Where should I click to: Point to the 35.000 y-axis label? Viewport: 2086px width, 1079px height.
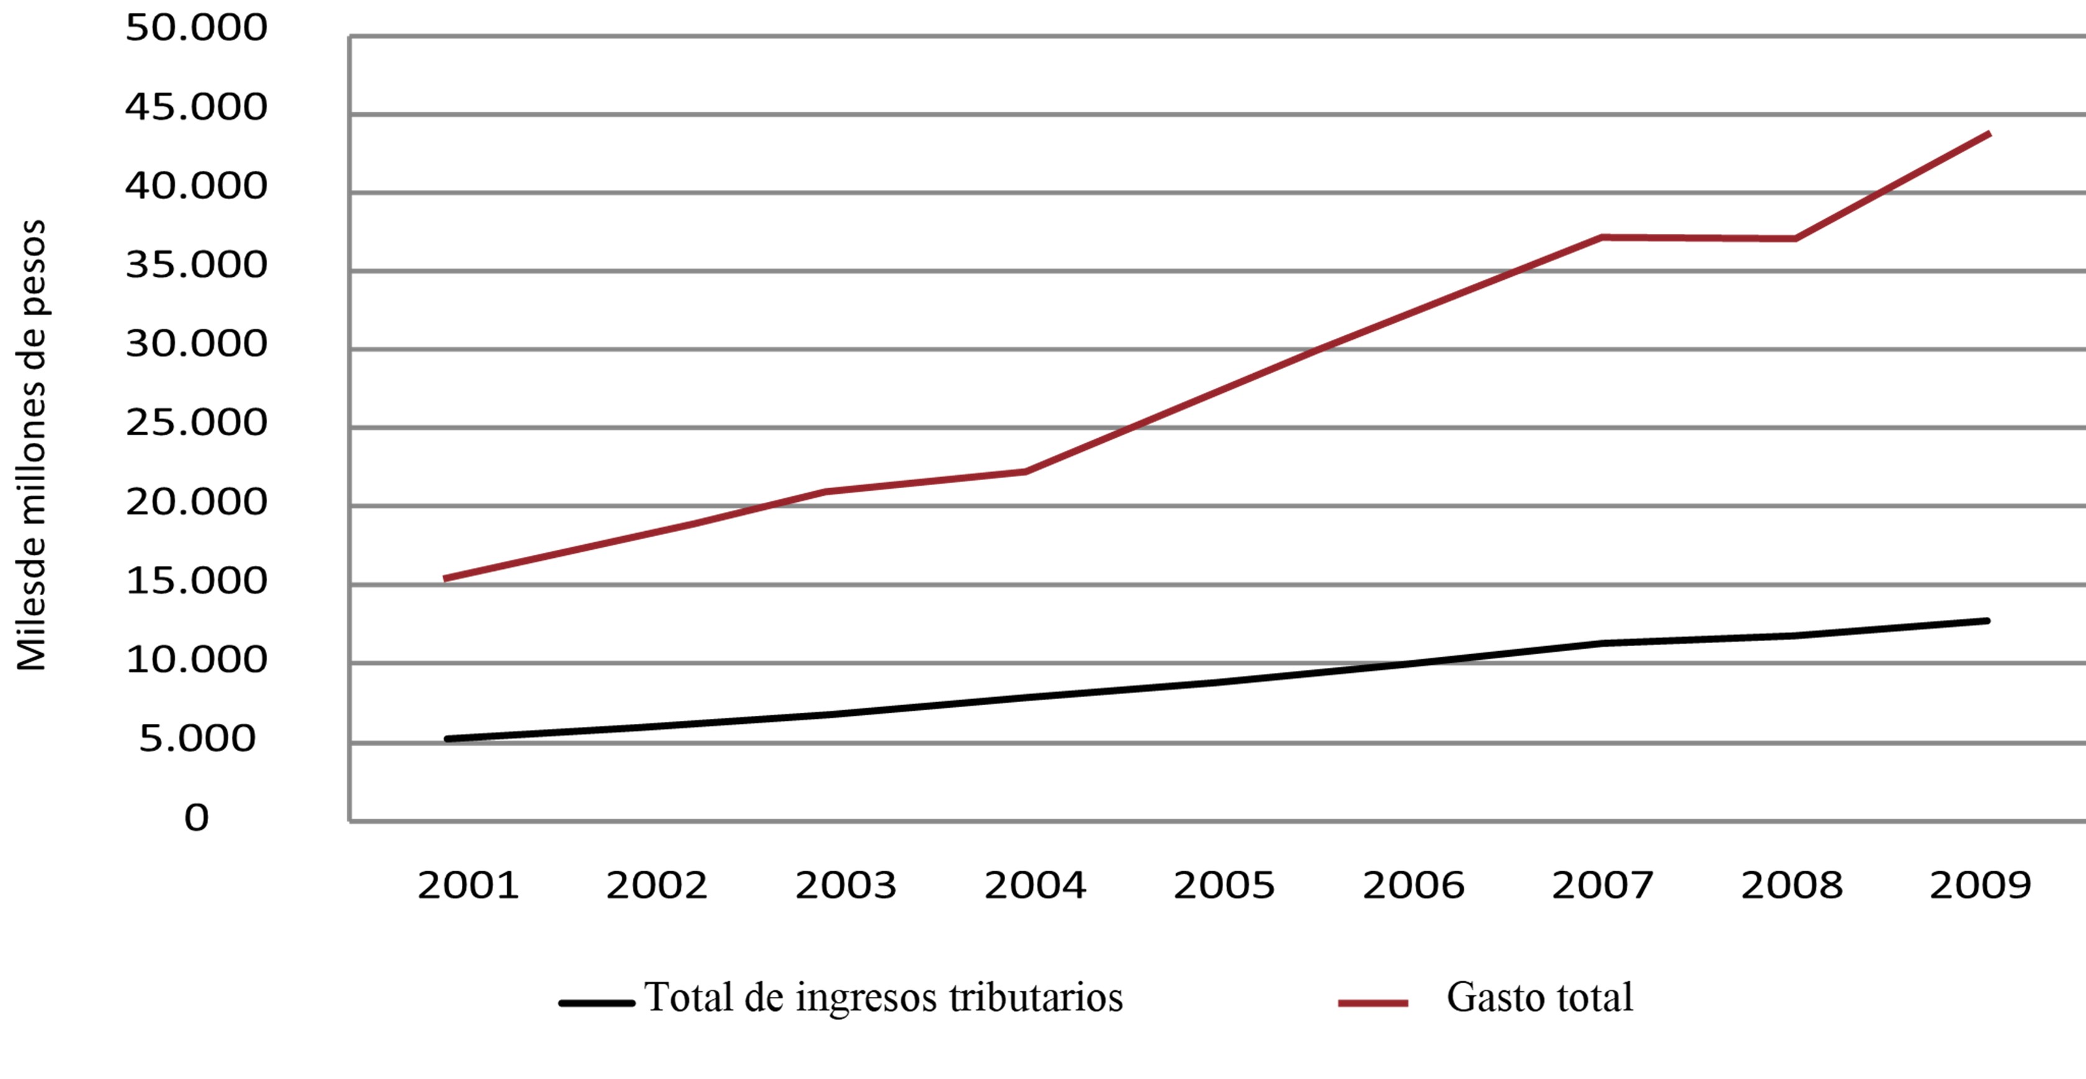pos(196,265)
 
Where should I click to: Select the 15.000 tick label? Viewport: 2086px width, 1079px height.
pos(196,581)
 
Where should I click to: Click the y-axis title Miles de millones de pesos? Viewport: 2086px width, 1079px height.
pos(32,445)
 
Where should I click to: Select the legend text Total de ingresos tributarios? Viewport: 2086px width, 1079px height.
pos(883,997)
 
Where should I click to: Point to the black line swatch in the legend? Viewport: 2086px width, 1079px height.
pos(597,1003)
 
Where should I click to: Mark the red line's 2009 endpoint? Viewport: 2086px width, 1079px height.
pos(1989,134)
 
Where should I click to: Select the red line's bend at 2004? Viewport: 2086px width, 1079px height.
pos(1025,471)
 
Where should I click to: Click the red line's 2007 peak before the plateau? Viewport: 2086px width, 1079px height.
pos(1602,238)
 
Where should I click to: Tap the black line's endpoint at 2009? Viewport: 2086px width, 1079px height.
pos(1987,621)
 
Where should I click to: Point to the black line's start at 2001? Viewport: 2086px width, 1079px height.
pos(447,739)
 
